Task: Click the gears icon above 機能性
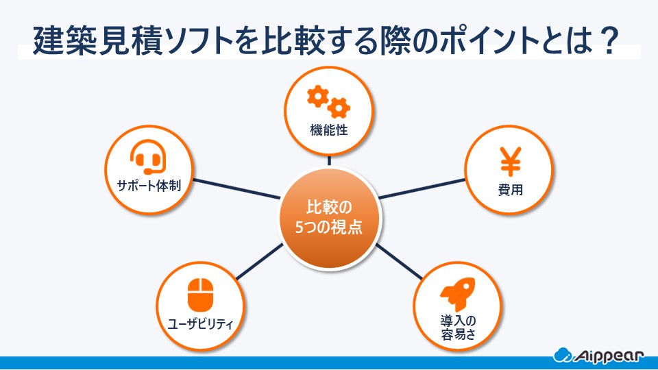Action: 328,101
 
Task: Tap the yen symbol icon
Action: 510,161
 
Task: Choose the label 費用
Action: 510,190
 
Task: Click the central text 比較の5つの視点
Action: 328,217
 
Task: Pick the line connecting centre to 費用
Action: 422,188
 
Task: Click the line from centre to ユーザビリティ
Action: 260,260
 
